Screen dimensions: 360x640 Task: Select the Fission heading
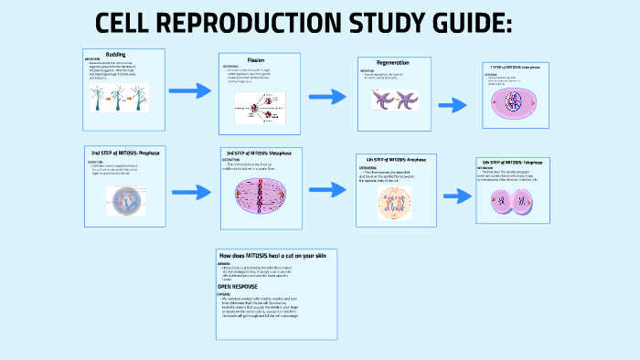[x=256, y=59]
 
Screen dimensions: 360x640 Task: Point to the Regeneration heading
[x=393, y=62]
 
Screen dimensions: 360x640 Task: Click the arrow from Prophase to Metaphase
[x=192, y=193]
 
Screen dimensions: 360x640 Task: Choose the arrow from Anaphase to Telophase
[x=456, y=196]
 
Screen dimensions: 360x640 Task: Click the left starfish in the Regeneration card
[x=382, y=100]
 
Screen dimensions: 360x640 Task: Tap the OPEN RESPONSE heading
[x=237, y=286]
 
